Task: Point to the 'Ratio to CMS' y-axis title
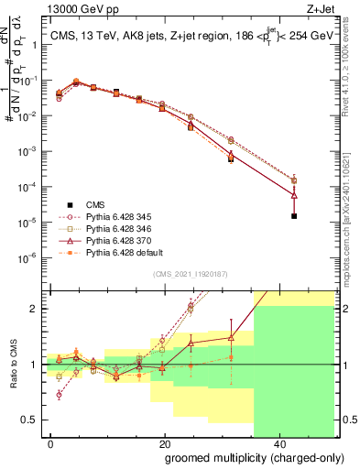coord(12,365)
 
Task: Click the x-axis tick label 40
coord(278,443)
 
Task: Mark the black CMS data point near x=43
coord(294,216)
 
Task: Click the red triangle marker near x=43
coord(294,195)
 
